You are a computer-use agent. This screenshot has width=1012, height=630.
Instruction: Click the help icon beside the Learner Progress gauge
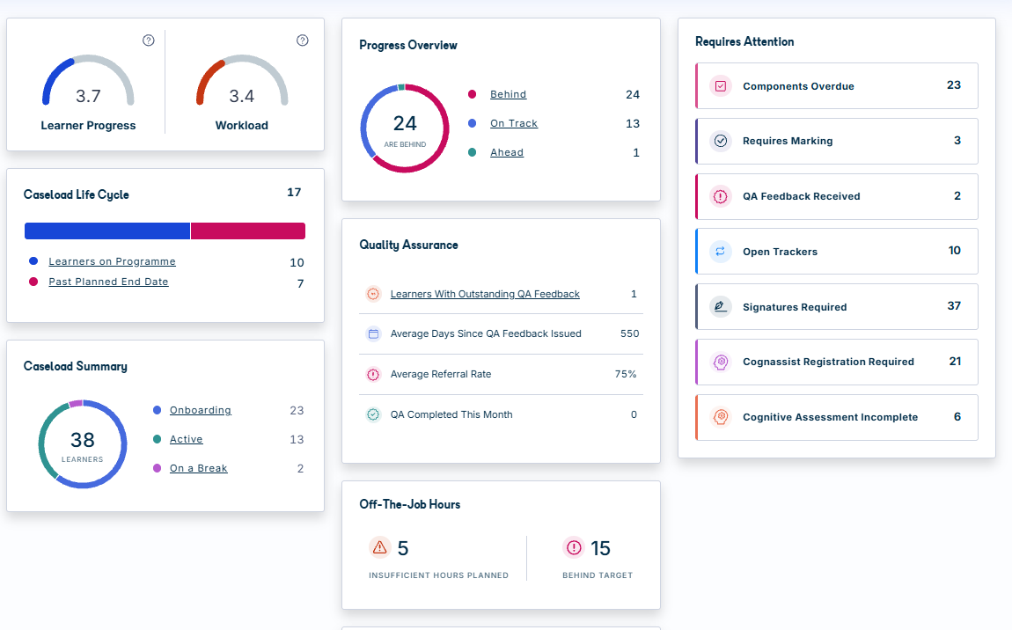(149, 40)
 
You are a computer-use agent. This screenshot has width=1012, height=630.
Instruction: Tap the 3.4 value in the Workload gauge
(241, 96)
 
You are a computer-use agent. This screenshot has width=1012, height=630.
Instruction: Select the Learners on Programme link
(113, 261)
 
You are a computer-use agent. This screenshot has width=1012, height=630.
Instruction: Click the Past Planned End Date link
(108, 282)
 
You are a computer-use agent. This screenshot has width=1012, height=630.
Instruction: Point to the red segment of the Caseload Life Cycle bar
(248, 231)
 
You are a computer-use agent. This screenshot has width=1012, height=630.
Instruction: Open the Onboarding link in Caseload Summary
(200, 411)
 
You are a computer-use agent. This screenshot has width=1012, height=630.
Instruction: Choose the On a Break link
(199, 468)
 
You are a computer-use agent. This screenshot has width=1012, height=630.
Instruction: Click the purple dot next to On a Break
(157, 468)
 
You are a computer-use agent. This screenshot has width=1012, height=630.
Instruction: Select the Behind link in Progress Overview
(508, 94)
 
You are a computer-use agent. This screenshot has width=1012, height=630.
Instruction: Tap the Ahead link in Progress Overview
(507, 152)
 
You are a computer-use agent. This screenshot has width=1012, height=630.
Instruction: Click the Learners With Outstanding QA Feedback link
(485, 295)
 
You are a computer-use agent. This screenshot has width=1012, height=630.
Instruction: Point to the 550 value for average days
(629, 333)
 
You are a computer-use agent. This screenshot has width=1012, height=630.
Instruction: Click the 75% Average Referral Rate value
(626, 374)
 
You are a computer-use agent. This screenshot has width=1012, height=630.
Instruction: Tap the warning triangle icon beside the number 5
(380, 547)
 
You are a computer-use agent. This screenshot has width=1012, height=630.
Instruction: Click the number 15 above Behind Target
(600, 549)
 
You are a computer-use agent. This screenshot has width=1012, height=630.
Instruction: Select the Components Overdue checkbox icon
(720, 86)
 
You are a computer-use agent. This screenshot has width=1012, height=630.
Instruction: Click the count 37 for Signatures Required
(954, 306)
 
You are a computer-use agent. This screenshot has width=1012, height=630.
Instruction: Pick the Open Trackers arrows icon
(720, 251)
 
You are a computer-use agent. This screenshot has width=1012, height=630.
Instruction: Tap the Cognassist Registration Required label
(828, 363)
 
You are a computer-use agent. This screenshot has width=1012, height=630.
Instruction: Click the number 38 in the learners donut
(83, 440)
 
